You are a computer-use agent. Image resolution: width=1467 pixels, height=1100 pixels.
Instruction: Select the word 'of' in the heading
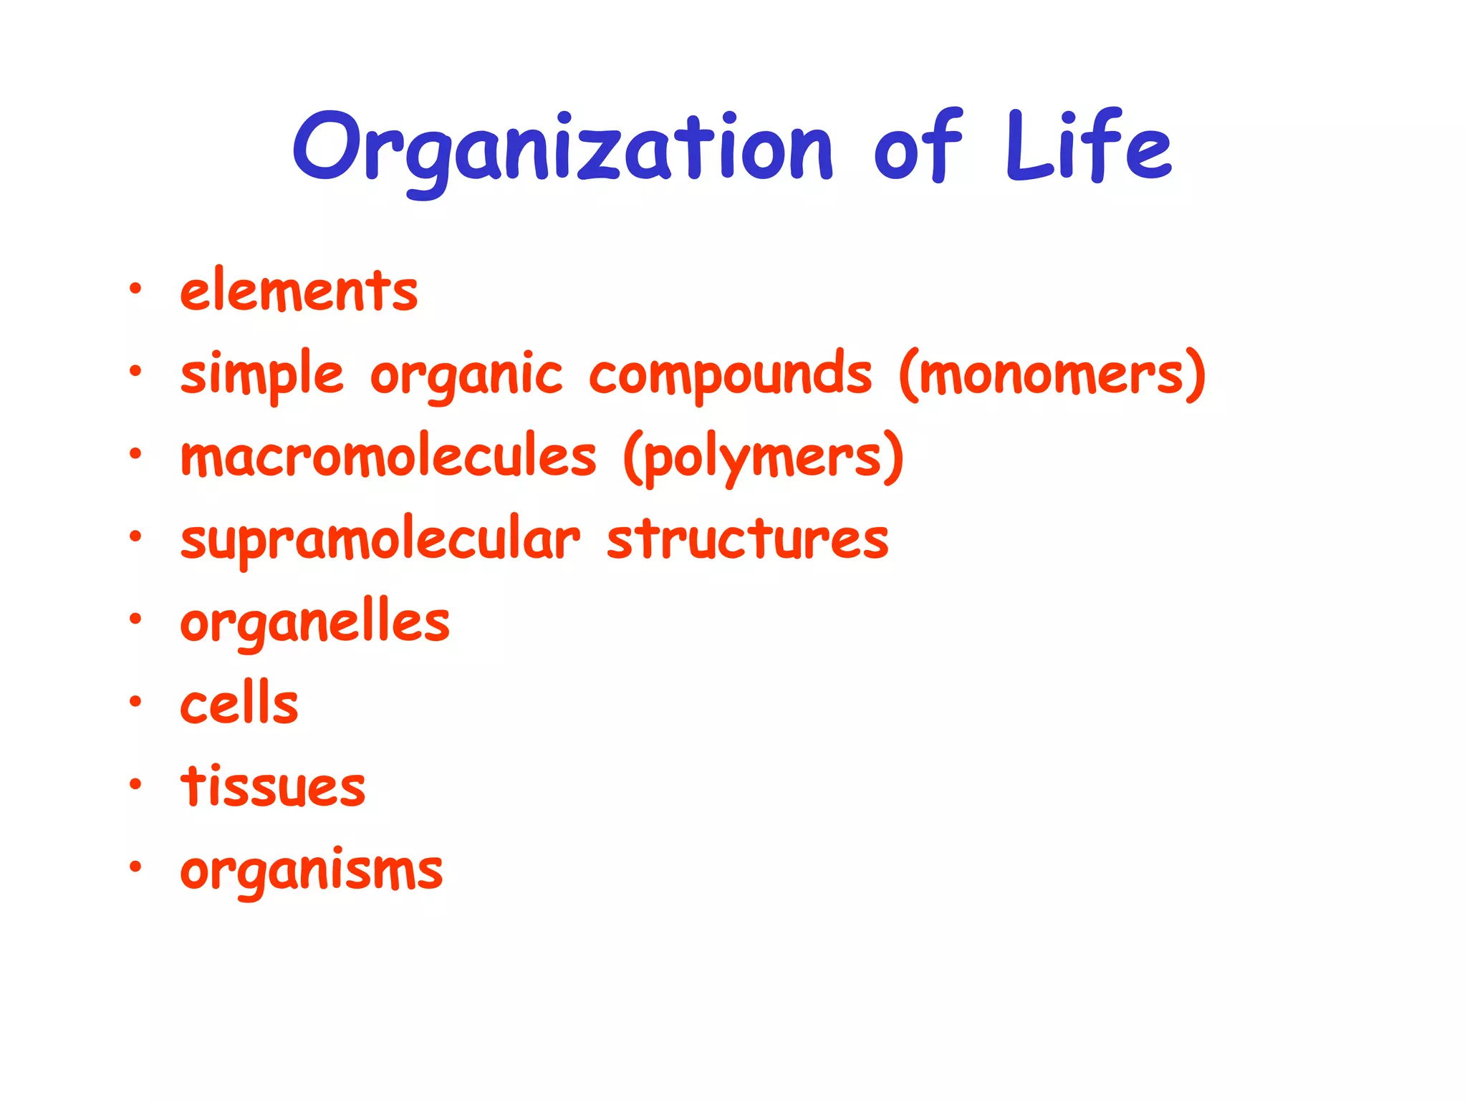[918, 147]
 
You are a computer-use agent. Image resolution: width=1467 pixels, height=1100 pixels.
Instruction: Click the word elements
[299, 291]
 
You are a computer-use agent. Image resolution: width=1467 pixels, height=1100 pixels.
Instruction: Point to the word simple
[262, 375]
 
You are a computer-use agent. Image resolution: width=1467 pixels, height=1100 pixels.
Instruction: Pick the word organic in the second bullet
[466, 375]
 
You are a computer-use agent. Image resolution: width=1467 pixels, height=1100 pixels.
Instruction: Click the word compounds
[731, 375]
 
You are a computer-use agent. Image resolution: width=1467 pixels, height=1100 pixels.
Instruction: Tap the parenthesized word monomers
[1052, 375]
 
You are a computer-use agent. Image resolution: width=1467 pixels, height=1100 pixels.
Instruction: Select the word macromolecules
[388, 457]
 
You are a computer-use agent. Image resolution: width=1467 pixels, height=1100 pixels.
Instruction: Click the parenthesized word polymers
[764, 457]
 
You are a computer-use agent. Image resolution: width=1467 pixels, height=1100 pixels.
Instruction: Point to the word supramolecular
[380, 539]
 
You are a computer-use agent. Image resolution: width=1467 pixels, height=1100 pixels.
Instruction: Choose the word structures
[747, 539]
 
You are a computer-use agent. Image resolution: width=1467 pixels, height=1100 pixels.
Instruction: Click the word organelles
[314, 622]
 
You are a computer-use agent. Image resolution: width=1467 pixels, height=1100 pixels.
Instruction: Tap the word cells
[239, 704]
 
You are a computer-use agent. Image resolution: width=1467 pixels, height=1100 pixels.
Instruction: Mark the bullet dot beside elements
[135, 289]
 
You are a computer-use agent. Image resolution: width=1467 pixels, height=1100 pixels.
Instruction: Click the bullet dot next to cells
[135, 702]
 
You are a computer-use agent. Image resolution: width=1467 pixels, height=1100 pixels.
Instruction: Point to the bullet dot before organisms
[135, 867]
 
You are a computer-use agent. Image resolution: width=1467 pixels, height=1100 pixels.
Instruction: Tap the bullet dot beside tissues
[135, 785]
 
